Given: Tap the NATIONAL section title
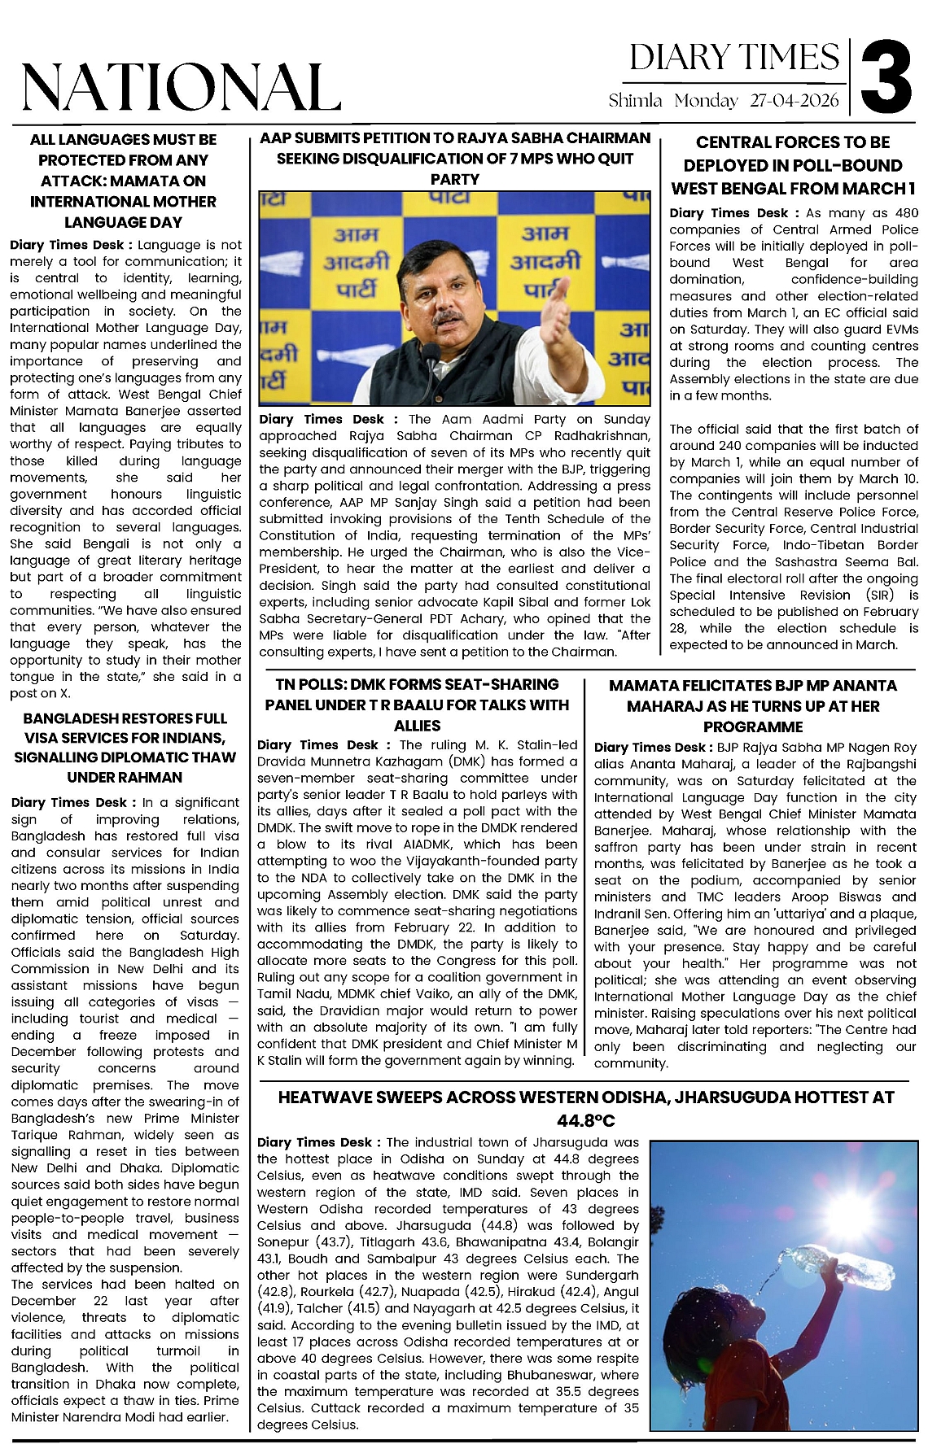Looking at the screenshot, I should [181, 87].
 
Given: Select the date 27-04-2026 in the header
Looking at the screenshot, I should [794, 101].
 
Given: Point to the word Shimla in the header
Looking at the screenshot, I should [636, 101].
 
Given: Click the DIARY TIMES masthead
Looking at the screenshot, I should [734, 58].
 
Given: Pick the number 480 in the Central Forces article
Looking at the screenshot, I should [906, 213].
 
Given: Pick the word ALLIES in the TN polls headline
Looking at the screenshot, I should [417, 726].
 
